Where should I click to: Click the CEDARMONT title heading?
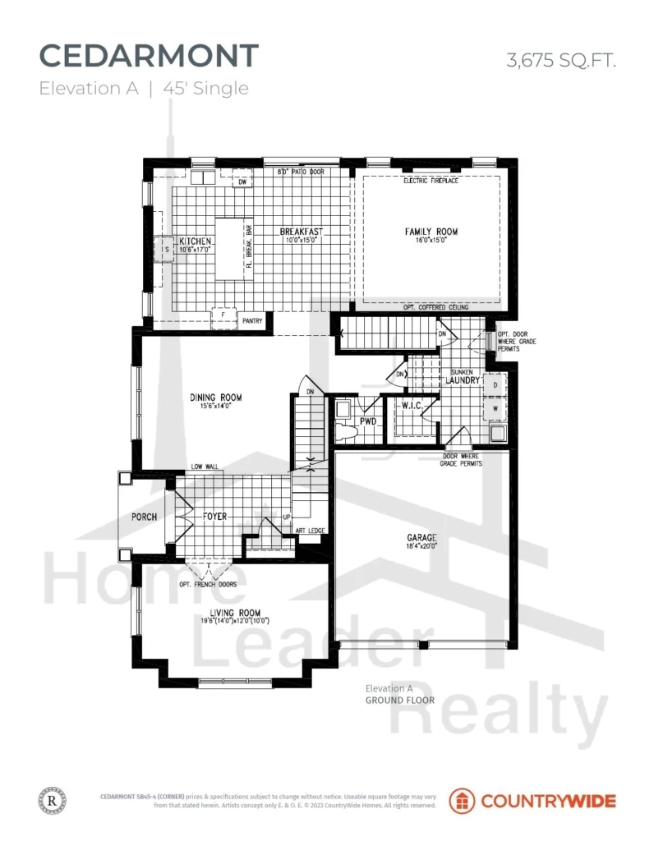click(149, 56)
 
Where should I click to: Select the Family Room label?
click(431, 232)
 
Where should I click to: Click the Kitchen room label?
click(196, 241)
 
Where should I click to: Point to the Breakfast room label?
click(300, 232)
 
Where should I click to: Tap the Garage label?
click(421, 539)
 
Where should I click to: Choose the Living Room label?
click(235, 613)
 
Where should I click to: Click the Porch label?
click(144, 517)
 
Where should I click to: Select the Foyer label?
click(215, 517)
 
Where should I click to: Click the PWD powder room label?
click(368, 421)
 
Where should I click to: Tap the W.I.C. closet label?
click(412, 405)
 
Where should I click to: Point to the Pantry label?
click(252, 321)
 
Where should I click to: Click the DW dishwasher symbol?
click(242, 182)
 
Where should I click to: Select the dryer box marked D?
click(496, 384)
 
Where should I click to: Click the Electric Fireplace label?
click(431, 181)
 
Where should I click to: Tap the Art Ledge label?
click(311, 531)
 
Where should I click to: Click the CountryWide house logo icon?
click(461, 800)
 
